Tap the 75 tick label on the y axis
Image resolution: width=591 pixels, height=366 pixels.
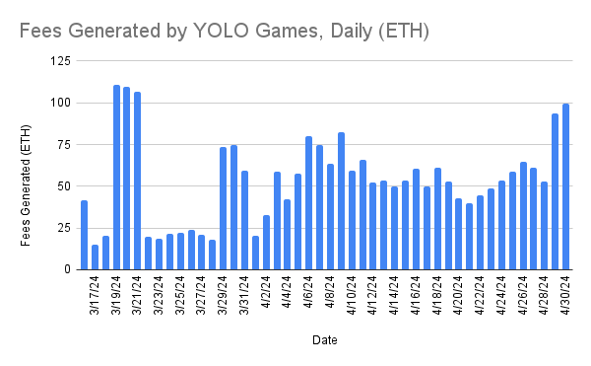point(62,144)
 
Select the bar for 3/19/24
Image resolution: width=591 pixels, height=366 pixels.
point(116,178)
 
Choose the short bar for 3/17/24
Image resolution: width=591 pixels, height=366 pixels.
point(85,235)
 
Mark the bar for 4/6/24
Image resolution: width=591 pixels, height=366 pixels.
point(308,202)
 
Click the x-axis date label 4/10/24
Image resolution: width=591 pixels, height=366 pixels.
point(352,295)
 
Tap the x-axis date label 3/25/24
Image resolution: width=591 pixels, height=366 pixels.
point(181,295)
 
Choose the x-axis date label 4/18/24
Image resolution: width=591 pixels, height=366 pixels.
point(437,295)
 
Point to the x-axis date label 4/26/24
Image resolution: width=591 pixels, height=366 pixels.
point(523,295)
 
